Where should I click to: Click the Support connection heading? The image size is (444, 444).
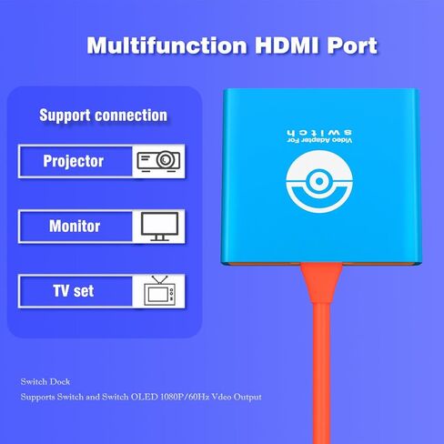pyautogui.click(x=103, y=116)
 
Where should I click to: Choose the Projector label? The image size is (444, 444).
pyautogui.click(x=74, y=162)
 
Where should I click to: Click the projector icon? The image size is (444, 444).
pyautogui.click(x=158, y=162)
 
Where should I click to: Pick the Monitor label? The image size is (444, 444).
pyautogui.click(x=74, y=227)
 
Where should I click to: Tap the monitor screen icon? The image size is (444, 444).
pyautogui.click(x=158, y=226)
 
